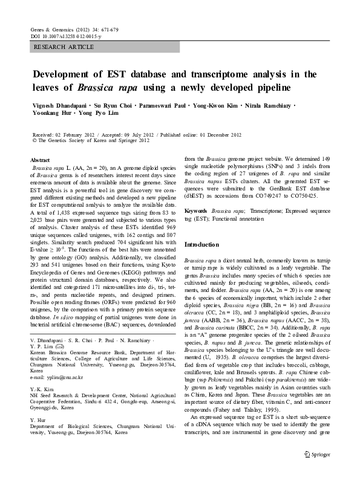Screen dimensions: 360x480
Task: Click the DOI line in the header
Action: [66, 37]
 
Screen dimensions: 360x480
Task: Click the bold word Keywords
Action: [195, 210]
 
